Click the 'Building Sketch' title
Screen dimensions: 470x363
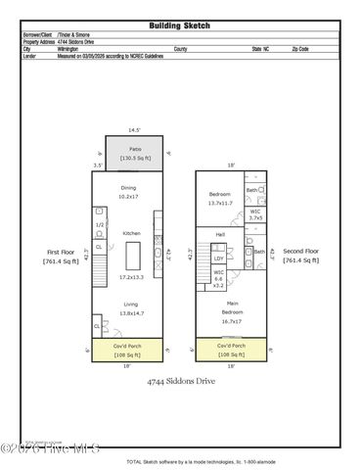[181, 25]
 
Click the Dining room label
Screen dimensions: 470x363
[129, 187]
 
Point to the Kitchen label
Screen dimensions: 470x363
[131, 233]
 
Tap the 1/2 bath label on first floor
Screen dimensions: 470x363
[100, 224]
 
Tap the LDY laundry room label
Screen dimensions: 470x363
[219, 258]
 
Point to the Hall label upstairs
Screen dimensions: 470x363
[220, 235]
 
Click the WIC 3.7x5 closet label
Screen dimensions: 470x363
[254, 213]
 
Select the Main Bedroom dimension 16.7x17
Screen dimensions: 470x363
[232, 320]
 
